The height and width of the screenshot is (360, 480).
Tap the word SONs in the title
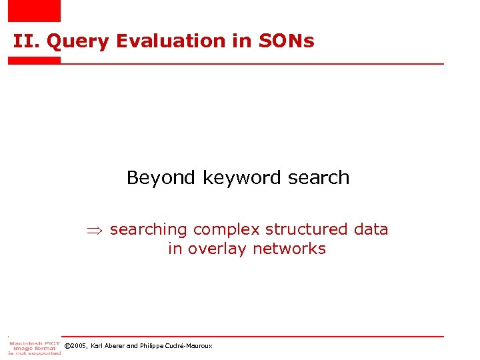[288, 41]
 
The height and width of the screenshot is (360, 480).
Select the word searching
[148, 230]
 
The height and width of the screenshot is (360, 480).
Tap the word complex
[226, 230]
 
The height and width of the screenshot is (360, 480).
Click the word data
[371, 230]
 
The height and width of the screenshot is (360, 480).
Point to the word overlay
[217, 249]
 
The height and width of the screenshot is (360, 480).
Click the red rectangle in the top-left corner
[34, 11]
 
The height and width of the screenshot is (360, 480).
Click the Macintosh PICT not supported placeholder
[34, 347]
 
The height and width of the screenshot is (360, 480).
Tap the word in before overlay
[175, 249]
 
